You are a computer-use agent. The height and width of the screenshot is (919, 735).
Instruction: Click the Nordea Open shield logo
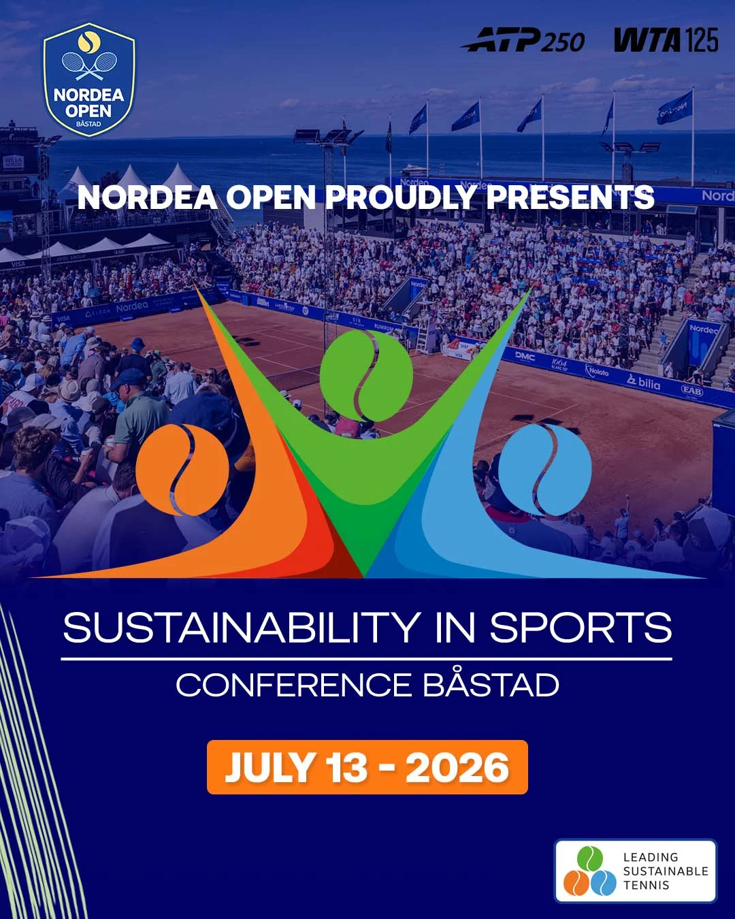tap(89, 80)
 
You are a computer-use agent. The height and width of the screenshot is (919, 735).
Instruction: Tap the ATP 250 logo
tap(523, 41)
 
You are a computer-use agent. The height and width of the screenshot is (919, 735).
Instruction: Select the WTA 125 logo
tap(666, 41)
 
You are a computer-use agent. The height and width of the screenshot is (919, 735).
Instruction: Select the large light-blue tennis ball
tap(544, 470)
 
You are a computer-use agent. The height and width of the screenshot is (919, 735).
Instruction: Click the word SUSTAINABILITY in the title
tap(242, 628)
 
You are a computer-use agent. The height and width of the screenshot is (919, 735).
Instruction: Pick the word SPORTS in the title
tap(581, 628)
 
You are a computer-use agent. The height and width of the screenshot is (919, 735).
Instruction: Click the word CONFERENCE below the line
tap(294, 686)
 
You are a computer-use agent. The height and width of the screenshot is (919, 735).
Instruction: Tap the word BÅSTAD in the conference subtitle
tap(491, 686)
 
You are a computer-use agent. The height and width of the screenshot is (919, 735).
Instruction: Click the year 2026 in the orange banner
tap(457, 768)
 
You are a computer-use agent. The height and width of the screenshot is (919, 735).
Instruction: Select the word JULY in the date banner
tap(269, 768)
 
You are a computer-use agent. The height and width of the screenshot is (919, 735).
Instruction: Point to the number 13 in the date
tap(346, 768)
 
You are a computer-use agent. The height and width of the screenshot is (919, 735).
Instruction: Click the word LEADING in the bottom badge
tap(651, 857)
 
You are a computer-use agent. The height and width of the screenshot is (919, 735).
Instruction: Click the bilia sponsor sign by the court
tap(644, 383)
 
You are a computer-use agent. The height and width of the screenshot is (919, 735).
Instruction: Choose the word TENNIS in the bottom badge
tap(646, 885)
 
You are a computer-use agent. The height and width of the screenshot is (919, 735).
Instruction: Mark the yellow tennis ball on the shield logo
tap(89, 42)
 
